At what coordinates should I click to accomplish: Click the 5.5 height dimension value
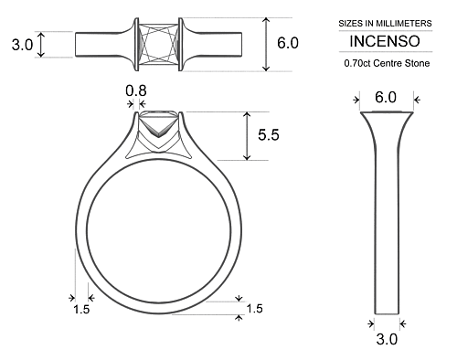click(x=269, y=135)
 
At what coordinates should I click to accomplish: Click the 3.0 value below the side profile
click(x=387, y=340)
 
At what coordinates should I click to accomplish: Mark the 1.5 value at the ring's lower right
click(x=254, y=309)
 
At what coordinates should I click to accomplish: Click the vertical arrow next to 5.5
click(x=247, y=135)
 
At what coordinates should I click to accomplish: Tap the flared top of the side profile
click(x=385, y=122)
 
